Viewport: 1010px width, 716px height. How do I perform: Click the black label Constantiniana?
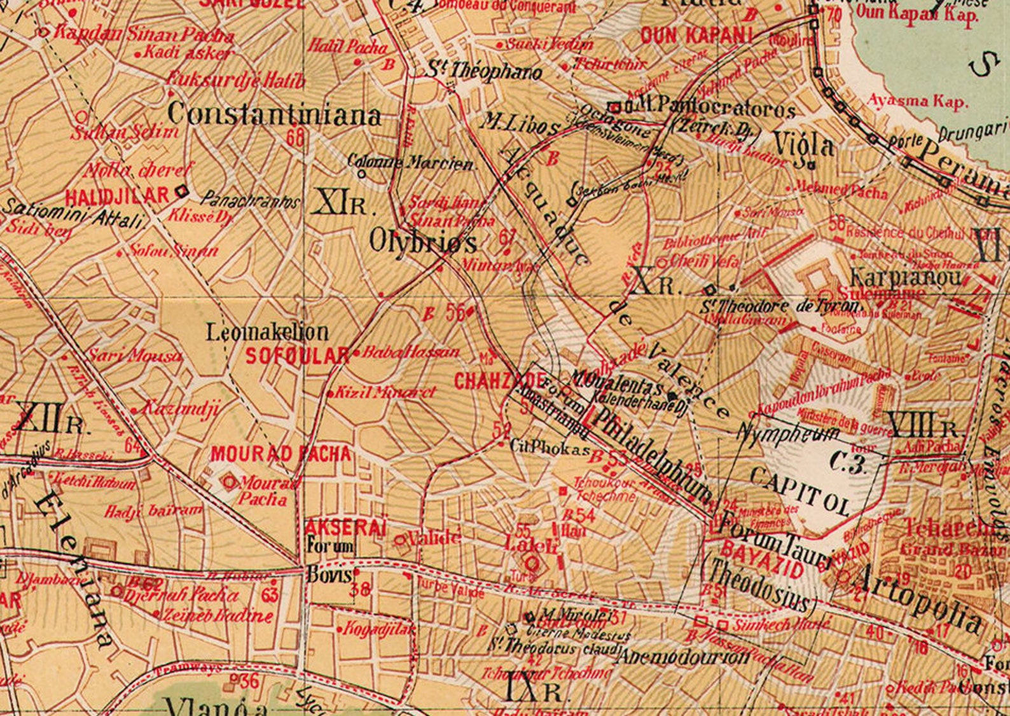(275, 114)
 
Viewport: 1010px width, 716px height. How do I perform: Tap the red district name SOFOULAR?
(297, 355)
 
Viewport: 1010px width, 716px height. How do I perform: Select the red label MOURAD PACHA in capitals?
(280, 454)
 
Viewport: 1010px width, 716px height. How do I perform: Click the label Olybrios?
(423, 242)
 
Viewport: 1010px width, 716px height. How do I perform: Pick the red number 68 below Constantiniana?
(295, 137)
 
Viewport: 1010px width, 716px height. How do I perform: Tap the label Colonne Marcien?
(411, 163)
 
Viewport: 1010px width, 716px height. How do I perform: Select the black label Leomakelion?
(267, 332)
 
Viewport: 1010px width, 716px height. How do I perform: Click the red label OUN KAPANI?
(696, 36)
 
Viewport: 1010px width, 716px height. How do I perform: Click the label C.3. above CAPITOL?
(849, 464)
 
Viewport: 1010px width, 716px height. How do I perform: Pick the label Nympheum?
(788, 434)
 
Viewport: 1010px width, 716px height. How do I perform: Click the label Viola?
(804, 146)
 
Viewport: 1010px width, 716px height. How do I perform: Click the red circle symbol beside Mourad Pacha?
(229, 483)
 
